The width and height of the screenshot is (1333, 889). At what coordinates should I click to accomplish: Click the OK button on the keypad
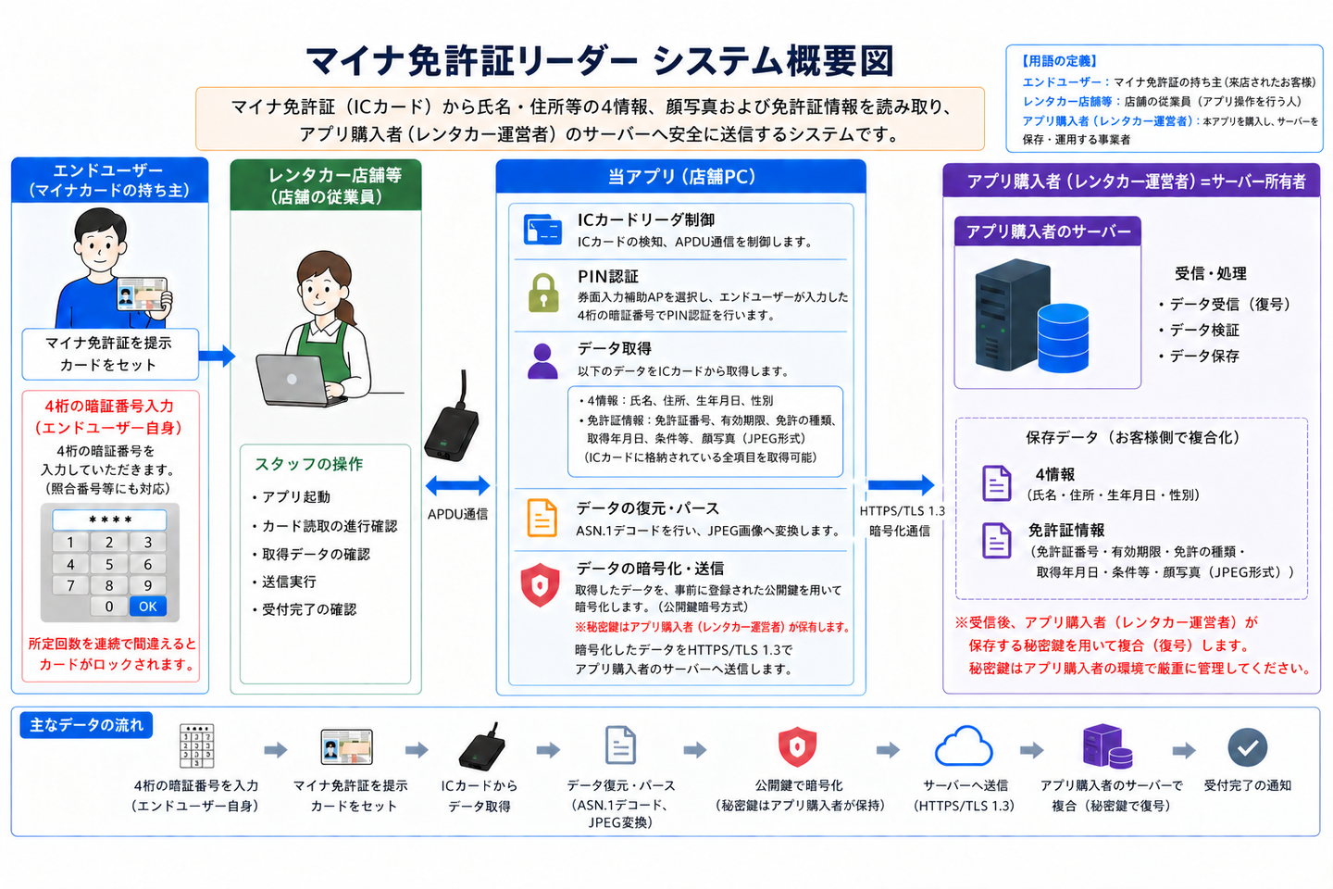(147, 607)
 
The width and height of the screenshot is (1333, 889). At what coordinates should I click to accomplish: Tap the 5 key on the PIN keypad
(109, 564)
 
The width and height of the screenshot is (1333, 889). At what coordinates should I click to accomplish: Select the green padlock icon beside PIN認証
(543, 293)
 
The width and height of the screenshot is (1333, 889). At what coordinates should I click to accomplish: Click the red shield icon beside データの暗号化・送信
(540, 584)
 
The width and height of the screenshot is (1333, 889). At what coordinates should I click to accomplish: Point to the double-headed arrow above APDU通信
(457, 486)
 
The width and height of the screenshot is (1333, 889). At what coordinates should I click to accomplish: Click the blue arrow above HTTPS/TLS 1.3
(901, 484)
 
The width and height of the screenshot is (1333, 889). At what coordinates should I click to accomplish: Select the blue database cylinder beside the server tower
(1063, 338)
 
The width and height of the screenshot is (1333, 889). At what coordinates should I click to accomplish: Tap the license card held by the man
(142, 294)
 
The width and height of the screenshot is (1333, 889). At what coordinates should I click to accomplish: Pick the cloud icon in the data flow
(964, 746)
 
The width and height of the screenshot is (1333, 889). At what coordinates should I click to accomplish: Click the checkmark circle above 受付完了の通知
(1247, 747)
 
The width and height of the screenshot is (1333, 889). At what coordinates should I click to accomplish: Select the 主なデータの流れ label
(86, 725)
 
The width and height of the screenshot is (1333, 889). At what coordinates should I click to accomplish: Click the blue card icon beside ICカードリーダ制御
(542, 230)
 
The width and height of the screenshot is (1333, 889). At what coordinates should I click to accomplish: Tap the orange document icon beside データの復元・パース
(542, 518)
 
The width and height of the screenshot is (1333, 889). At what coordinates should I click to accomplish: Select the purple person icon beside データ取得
(542, 361)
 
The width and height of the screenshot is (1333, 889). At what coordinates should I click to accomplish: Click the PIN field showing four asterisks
(109, 520)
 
